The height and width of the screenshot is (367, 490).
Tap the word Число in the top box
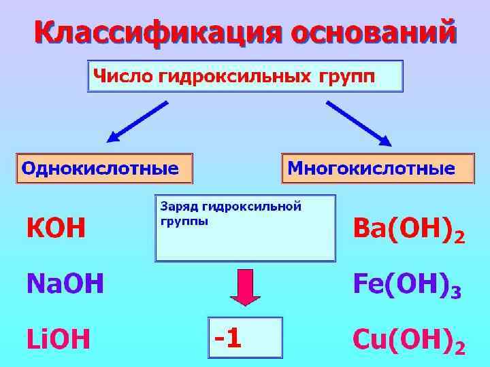click(122, 76)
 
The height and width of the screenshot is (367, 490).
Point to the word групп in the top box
click(346, 76)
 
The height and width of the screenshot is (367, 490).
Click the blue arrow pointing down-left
click(137, 122)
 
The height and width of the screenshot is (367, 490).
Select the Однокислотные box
click(105, 168)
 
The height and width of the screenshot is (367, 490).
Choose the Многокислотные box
click(378, 168)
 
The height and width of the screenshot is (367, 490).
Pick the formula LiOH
click(58, 337)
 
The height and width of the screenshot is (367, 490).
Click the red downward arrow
click(245, 285)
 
